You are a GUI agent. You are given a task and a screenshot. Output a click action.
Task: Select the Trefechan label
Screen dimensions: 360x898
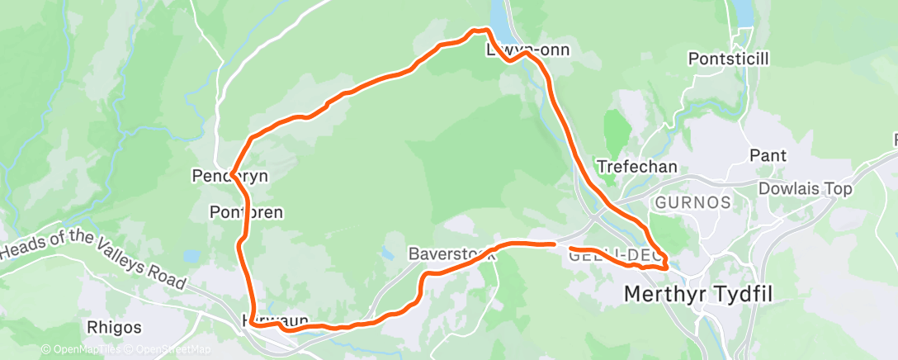coord(636,167)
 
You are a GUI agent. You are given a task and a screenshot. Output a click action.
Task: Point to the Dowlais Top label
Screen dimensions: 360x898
coord(805,189)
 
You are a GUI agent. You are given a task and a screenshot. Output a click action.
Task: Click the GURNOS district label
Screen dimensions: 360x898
coord(692,203)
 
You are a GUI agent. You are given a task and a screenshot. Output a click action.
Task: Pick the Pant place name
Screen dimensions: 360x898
coord(768,156)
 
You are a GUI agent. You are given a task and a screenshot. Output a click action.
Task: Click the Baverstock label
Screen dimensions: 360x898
coord(451,254)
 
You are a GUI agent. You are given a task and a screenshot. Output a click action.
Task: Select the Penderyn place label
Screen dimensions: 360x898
coord(230,177)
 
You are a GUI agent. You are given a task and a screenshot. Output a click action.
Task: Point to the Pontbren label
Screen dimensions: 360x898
coord(247,213)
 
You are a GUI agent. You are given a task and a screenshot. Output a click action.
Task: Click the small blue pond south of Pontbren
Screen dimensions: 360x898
coord(191,257)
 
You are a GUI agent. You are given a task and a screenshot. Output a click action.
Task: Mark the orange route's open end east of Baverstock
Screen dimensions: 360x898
coord(552,244)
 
